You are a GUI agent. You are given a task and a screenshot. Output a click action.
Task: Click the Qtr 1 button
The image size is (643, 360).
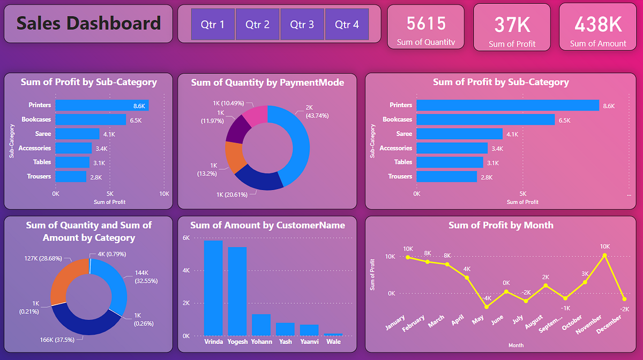pyautogui.click(x=213, y=24)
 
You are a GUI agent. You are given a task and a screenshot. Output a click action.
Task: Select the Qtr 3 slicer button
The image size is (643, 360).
pyautogui.click(x=302, y=24)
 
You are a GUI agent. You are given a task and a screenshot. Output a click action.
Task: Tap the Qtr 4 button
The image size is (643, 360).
pyautogui.click(x=347, y=24)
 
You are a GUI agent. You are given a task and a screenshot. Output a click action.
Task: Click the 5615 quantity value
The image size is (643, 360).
pyautogui.click(x=426, y=24)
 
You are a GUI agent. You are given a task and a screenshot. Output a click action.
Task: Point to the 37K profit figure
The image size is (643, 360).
pyautogui.click(x=512, y=25)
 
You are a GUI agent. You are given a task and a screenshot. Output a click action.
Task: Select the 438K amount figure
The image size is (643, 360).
pyautogui.click(x=598, y=25)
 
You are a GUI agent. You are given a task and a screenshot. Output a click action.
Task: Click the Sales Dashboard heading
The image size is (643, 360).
pyautogui.click(x=88, y=24)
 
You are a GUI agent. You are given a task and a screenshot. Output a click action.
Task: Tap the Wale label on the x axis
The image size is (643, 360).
pyautogui.click(x=333, y=341)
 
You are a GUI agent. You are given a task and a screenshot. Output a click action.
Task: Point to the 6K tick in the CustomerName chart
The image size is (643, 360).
pyautogui.click(x=186, y=238)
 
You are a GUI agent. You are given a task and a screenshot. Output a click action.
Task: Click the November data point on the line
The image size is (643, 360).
pyautogui.click(x=605, y=256)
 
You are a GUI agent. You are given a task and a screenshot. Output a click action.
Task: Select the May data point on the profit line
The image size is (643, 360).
pyautogui.click(x=487, y=306)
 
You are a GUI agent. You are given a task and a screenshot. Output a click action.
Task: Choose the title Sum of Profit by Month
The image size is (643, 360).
pyautogui.click(x=500, y=225)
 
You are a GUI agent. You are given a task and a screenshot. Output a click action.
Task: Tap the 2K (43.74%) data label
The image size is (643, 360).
pyautogui.click(x=317, y=111)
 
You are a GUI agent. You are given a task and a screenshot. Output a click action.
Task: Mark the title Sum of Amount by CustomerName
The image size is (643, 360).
pyautogui.click(x=267, y=225)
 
